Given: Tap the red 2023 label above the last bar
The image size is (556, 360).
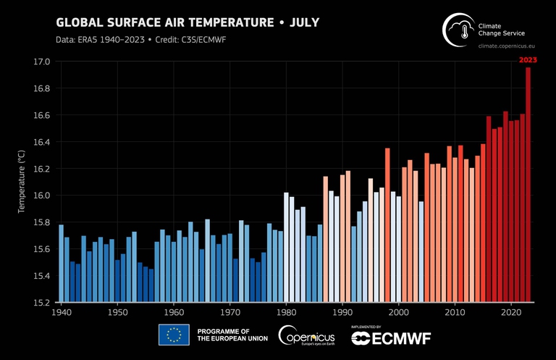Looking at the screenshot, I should (528, 61).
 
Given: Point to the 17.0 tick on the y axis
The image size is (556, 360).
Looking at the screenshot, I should (41, 62).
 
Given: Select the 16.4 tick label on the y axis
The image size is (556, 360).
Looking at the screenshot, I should (41, 143).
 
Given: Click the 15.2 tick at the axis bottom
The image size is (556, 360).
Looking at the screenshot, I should (41, 302).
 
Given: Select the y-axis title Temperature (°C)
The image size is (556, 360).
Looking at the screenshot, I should (22, 182).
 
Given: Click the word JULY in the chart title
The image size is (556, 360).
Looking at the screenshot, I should (304, 22).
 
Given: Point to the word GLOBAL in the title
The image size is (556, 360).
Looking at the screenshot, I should (81, 22).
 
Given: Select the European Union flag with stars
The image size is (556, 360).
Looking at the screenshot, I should (174, 335).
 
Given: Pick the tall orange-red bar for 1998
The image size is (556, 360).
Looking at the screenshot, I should (387, 225).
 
